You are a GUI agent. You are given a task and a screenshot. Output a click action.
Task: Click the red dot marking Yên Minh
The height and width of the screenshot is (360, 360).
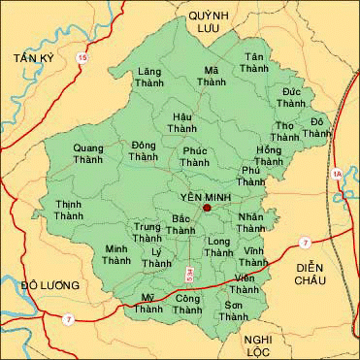point(207,207)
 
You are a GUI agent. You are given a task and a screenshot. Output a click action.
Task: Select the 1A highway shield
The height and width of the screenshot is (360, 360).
point(337,174)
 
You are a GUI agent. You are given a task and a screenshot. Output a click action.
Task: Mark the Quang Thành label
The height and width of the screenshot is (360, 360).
point(90,154)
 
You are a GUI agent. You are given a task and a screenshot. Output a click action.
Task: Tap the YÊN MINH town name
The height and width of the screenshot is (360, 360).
point(200,195)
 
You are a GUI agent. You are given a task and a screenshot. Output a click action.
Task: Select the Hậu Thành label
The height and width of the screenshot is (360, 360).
point(181,121)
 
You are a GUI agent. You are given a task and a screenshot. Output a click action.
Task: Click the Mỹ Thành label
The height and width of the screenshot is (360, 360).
point(148,303)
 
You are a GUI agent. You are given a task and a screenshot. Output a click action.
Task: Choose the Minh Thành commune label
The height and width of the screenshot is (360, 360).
point(117,254)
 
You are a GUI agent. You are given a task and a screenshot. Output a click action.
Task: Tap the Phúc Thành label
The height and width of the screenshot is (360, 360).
point(196,157)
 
